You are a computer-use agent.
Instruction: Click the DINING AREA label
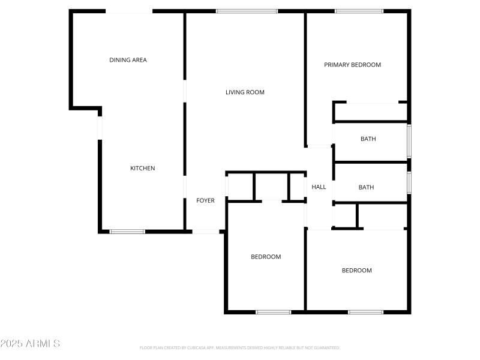click(x=128, y=60)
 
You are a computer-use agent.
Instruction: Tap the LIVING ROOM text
click(x=245, y=92)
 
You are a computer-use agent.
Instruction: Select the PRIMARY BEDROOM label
click(x=352, y=65)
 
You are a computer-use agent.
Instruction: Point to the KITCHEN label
click(x=143, y=169)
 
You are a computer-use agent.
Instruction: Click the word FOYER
click(x=205, y=200)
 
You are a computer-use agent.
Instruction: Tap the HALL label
click(x=319, y=187)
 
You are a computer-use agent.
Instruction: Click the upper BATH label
click(x=368, y=139)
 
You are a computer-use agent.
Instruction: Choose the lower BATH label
click(x=366, y=187)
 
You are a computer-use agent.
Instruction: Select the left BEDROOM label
click(x=265, y=257)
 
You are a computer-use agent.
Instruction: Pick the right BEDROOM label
click(x=356, y=271)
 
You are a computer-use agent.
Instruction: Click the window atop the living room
click(x=247, y=11)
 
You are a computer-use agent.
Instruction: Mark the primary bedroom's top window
click(x=359, y=11)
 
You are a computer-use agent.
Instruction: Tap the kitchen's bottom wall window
click(x=127, y=231)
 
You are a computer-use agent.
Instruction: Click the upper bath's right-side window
click(x=409, y=140)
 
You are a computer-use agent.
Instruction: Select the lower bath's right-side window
click(x=409, y=182)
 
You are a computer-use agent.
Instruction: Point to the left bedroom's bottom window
click(x=273, y=312)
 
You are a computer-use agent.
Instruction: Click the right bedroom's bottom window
click(x=365, y=312)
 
